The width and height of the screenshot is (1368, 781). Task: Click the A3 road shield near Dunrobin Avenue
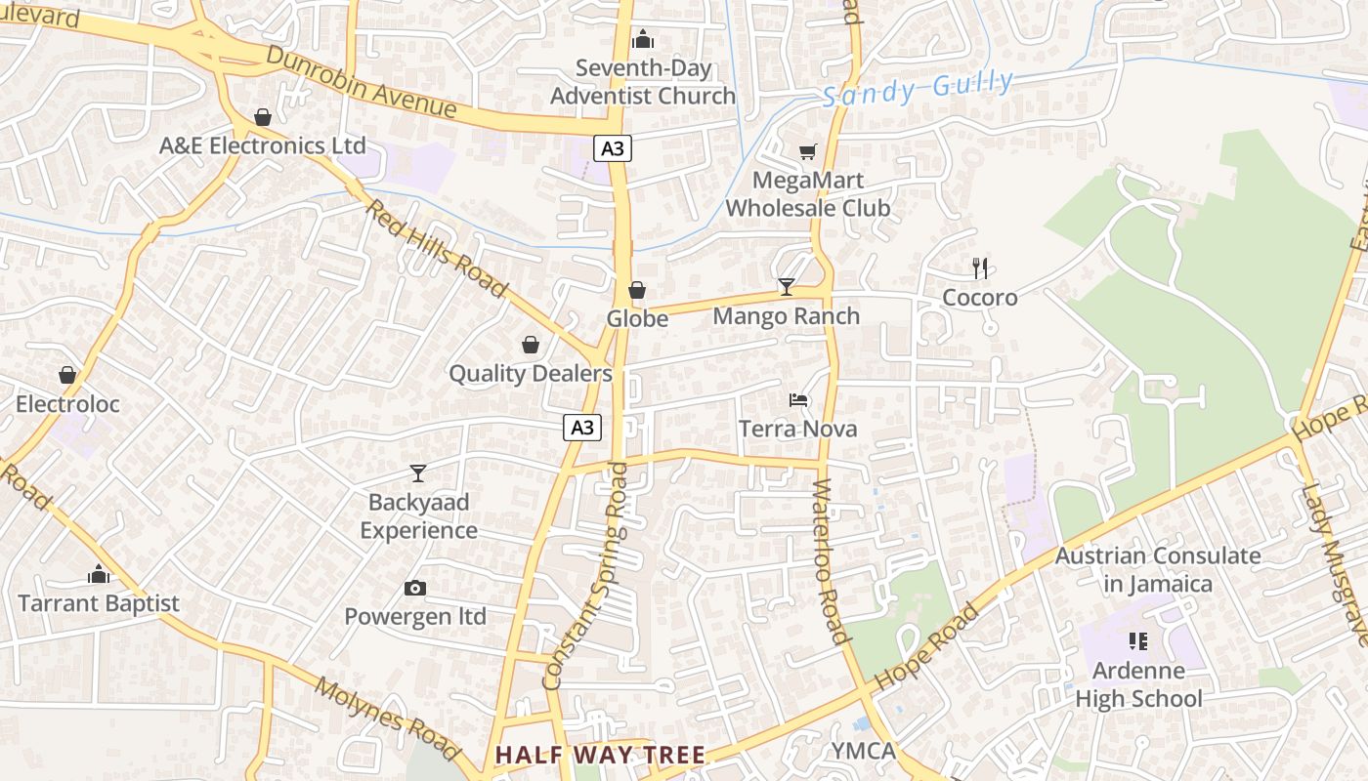pos(612,148)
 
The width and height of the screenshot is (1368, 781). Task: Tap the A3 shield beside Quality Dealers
pos(581,427)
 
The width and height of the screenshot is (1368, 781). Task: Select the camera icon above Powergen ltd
pos(415,588)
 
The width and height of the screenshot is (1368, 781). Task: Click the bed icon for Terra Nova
pos(798,399)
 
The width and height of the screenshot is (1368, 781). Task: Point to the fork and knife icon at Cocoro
pos(980,268)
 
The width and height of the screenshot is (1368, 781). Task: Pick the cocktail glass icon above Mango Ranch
pos(787,286)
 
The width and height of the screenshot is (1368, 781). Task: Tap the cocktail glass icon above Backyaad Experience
pos(418,473)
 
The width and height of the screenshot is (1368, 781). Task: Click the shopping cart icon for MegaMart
pos(807,151)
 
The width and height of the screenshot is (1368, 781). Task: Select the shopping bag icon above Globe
pos(637,290)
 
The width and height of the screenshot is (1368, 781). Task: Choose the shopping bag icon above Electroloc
pos(67,375)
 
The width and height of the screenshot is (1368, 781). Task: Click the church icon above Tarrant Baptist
pos(99,574)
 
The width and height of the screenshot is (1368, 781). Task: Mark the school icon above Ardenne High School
pos(1137,641)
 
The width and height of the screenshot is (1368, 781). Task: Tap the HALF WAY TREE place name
pos(600,755)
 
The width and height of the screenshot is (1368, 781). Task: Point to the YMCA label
pos(863,751)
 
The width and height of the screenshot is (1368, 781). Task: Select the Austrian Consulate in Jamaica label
pos(1158,570)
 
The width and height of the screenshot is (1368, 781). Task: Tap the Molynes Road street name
pos(387,718)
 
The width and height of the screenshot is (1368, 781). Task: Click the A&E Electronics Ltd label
pos(263,145)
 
